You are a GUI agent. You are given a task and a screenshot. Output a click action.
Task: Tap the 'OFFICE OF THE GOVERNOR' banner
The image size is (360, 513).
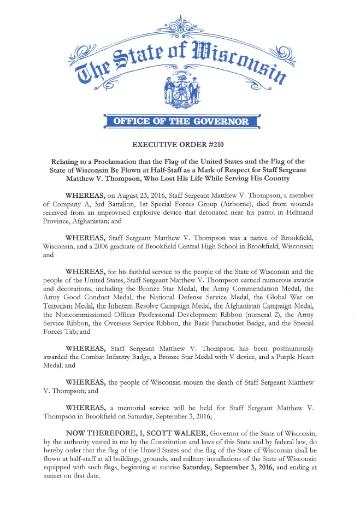(180, 121)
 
